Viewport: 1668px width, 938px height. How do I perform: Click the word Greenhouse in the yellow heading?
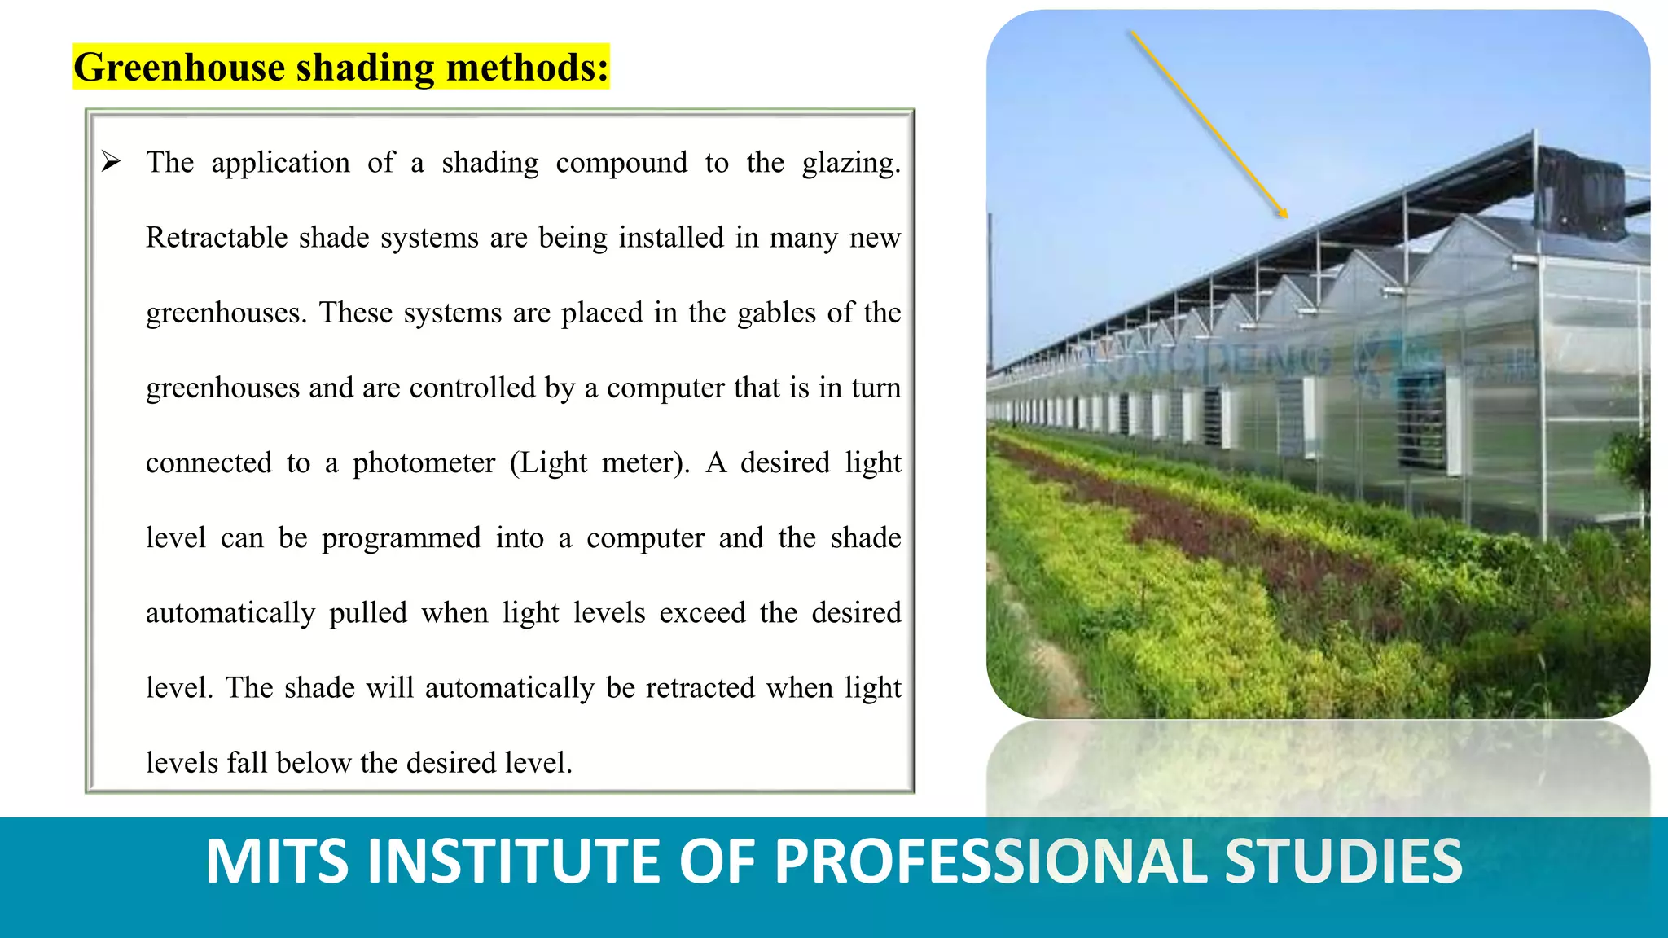[178, 68]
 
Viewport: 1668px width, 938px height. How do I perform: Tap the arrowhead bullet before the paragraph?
[111, 161]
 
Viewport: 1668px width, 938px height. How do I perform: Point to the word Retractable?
[217, 238]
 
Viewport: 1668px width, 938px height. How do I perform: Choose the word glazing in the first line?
[849, 163]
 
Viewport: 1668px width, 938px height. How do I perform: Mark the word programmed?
[401, 538]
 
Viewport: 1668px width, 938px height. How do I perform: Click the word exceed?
[702, 613]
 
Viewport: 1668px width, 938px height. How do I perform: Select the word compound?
[621, 163]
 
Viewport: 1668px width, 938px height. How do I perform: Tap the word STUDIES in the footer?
[1343, 861]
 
